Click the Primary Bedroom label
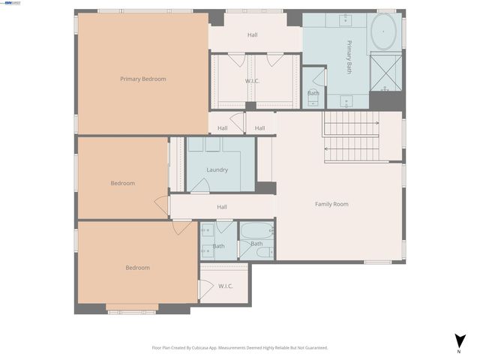tap(142, 79)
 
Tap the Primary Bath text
tap(349, 57)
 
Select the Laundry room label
tap(217, 169)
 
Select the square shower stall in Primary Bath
tap(385, 75)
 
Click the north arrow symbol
tap(458, 340)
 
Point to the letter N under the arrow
tap(458, 350)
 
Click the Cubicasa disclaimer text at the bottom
tap(240, 347)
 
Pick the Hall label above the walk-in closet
tap(252, 35)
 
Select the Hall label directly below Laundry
tap(222, 207)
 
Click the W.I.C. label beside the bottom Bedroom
tap(226, 286)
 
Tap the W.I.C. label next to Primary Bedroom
tap(252, 80)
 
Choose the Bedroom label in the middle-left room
tap(122, 183)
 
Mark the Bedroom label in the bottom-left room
tap(137, 268)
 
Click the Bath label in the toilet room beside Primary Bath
tap(313, 93)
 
